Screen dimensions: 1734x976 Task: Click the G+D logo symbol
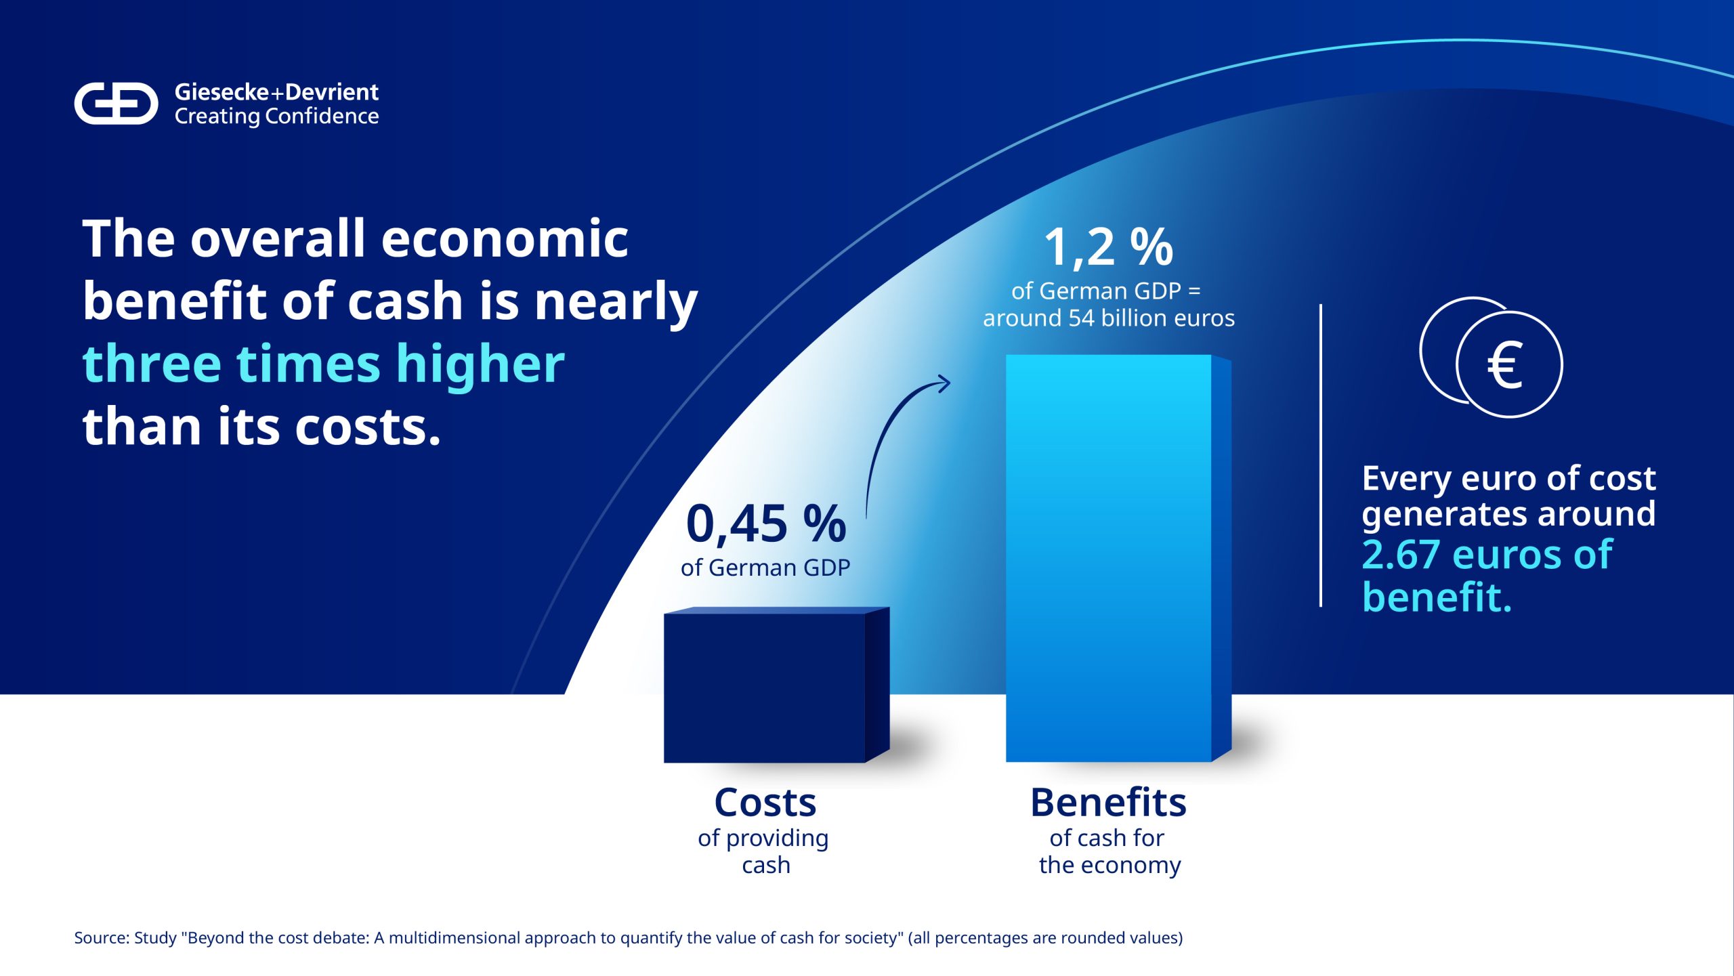click(116, 104)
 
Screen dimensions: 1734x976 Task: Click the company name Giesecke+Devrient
click(276, 92)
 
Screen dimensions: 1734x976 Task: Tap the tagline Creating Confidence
click(276, 116)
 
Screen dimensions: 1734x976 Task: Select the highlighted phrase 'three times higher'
click(323, 364)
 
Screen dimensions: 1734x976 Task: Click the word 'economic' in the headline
click(505, 239)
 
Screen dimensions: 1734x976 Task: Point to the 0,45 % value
click(766, 524)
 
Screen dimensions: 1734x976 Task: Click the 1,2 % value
click(1109, 247)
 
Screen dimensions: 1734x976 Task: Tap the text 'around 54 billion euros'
click(1109, 318)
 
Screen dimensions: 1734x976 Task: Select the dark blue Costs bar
click(776, 685)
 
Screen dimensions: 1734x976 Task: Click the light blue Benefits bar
click(1118, 558)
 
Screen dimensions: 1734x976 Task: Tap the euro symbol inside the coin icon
click(1506, 365)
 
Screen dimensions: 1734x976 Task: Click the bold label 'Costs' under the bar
click(765, 803)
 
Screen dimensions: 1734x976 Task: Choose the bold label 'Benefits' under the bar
click(1108, 803)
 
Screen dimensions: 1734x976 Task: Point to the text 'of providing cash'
click(764, 852)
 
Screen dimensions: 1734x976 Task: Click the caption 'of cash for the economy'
click(1109, 852)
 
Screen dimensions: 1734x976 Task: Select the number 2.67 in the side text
click(1401, 555)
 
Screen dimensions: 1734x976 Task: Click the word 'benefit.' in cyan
click(1437, 597)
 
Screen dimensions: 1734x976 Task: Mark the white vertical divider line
click(1321, 456)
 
